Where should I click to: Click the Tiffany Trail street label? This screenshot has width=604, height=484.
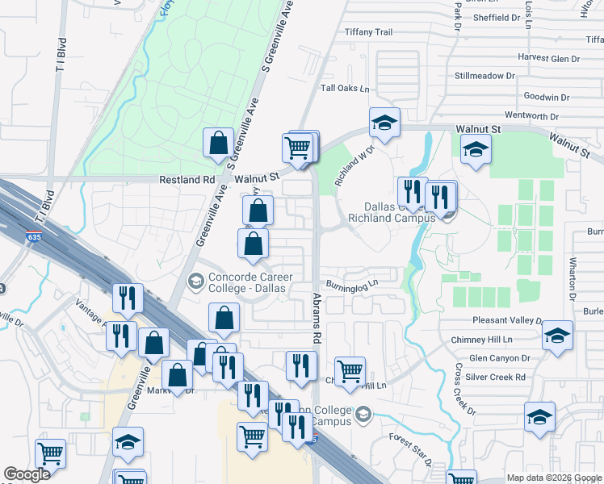(368, 32)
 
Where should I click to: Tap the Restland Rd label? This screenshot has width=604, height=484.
(187, 180)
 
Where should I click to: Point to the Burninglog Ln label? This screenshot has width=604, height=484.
(353, 284)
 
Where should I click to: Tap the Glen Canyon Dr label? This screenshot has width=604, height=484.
(498, 358)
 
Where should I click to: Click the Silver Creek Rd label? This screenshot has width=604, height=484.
(497, 377)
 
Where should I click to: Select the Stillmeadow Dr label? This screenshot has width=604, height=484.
(484, 76)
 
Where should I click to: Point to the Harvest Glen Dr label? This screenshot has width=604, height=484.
(549, 59)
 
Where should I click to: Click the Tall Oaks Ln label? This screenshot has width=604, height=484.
(345, 89)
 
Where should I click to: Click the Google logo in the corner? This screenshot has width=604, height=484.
(27, 474)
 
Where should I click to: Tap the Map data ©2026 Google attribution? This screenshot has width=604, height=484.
(554, 478)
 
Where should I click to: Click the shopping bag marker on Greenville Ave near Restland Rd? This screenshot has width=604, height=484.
(218, 144)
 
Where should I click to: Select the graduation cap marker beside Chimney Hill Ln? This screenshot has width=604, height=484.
(557, 337)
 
